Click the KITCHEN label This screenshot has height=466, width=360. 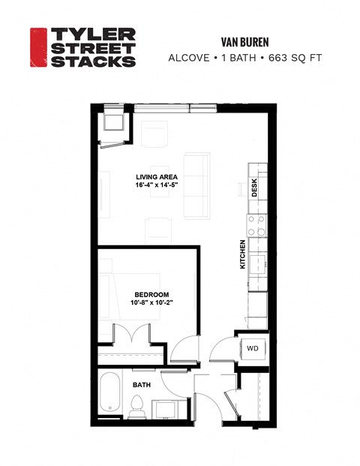[x=242, y=254]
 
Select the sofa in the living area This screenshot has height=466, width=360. [x=196, y=185]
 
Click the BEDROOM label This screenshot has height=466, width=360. [x=151, y=294]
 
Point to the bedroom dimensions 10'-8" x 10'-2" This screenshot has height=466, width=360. [x=151, y=304]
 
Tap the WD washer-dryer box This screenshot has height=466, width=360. [x=253, y=348]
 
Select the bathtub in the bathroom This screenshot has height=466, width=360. [x=109, y=393]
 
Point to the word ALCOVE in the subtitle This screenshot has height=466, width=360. [x=188, y=58]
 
